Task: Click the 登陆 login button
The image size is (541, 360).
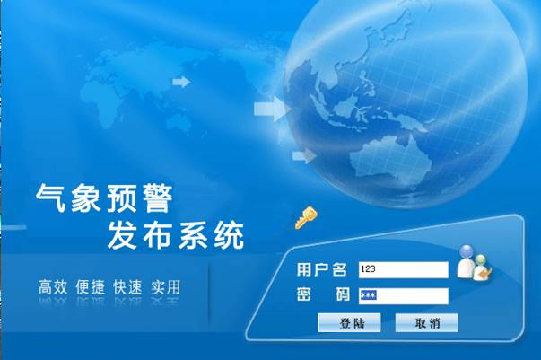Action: point(349,322)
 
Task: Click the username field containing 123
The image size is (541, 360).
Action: point(404,270)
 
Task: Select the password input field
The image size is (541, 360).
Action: point(404,296)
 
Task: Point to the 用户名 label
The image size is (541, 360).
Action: point(322,269)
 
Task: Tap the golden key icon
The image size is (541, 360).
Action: point(306,218)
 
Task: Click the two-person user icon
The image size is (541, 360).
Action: point(475,263)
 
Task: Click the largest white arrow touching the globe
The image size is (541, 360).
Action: point(272,109)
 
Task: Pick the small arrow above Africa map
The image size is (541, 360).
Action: point(181,82)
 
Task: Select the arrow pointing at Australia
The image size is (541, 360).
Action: point(305,156)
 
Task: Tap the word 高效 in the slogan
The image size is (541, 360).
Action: point(53,287)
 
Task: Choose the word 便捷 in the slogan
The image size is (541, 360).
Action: point(91,287)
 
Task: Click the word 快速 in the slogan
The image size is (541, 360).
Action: point(128,287)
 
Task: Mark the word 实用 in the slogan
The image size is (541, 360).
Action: point(166,287)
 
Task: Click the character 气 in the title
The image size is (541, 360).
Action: point(51,198)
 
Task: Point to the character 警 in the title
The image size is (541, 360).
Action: point(158,198)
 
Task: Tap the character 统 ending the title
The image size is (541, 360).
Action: point(229,236)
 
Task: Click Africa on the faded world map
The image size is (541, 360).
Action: point(102,99)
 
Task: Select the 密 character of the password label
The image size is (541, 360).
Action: point(304,294)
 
